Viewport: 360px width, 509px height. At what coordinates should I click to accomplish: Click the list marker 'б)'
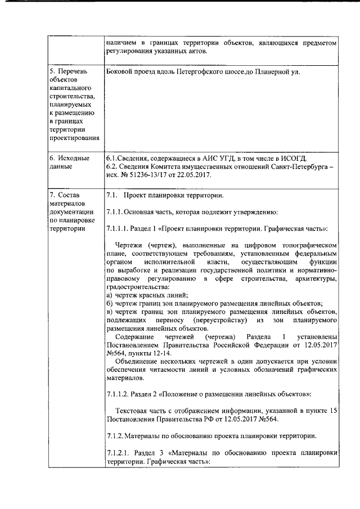109,303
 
